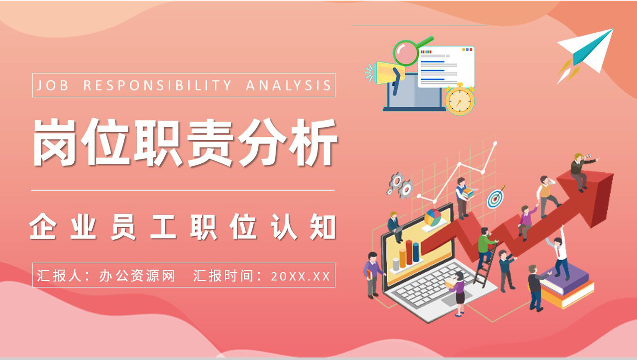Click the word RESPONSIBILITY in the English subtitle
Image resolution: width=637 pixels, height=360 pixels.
click(157, 86)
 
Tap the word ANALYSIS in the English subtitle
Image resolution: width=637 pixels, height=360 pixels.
click(288, 86)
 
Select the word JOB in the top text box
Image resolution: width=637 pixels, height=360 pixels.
click(53, 86)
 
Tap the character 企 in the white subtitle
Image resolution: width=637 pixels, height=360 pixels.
click(43, 227)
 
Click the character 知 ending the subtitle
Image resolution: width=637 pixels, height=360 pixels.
click(323, 227)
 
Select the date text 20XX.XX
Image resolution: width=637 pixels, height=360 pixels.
click(300, 276)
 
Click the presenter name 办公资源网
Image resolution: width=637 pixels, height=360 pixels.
click(137, 276)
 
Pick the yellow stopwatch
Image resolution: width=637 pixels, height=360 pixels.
click(460, 99)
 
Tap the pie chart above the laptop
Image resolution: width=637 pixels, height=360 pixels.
click(433, 218)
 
